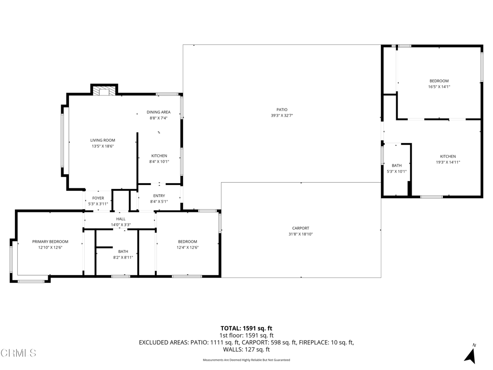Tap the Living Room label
103,140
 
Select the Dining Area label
159,112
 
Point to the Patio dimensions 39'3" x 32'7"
282,116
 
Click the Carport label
300,228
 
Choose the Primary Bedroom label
50,241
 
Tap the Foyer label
98,198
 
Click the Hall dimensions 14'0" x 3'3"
120,225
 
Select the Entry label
159,196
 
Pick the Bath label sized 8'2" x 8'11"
123,251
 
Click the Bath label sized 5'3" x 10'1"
397,165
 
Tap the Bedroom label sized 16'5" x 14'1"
439,81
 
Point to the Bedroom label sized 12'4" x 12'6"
187,241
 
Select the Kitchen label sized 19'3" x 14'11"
448,157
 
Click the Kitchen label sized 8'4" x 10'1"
159,156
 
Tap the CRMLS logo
18,353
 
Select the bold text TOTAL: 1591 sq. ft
246,329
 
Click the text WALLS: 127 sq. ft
246,350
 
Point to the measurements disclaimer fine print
246,360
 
